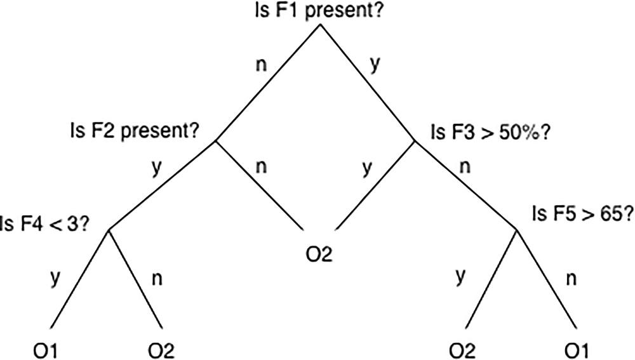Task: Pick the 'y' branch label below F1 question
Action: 375,66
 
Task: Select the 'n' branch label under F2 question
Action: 260,168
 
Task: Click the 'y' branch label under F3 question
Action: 366,169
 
